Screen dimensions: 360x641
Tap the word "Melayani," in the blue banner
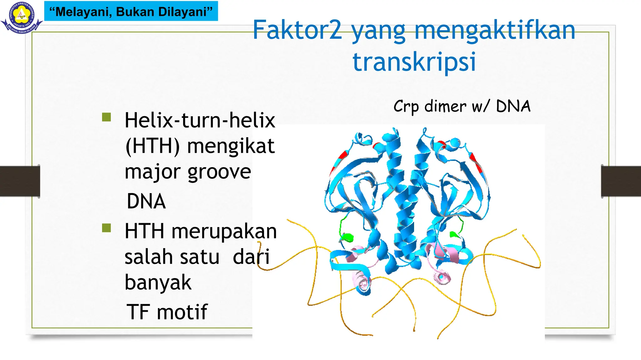(x=83, y=12)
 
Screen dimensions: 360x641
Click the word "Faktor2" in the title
(x=297, y=30)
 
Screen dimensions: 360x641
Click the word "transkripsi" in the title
(x=414, y=62)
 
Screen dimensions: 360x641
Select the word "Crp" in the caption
(x=406, y=107)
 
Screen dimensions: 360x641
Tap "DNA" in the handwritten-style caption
(x=513, y=106)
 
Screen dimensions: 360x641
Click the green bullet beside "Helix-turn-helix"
(x=106, y=117)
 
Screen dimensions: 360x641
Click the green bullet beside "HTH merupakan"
(x=106, y=228)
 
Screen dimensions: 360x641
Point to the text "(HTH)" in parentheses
(x=152, y=146)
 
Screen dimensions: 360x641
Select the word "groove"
(x=219, y=172)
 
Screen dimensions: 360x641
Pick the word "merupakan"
(x=224, y=232)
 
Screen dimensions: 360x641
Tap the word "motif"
(x=182, y=312)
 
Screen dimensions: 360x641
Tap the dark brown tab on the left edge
(x=20, y=181)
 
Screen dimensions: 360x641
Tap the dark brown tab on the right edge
(x=621, y=181)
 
